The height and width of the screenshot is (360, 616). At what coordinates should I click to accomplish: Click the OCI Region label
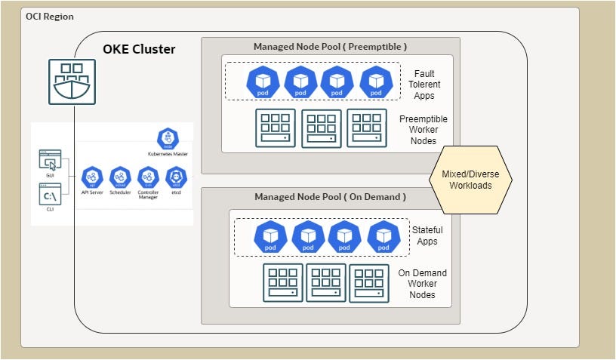[50, 16]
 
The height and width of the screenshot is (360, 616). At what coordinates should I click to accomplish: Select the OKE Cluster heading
[139, 50]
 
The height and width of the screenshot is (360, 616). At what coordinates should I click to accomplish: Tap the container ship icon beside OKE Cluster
[74, 82]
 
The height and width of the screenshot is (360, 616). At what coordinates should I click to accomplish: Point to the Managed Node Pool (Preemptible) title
[330, 46]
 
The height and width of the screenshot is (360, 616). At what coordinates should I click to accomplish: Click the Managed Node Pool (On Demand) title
[330, 197]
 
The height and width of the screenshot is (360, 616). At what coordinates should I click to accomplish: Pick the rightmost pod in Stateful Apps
[383, 236]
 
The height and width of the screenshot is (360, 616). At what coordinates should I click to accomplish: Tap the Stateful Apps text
[427, 235]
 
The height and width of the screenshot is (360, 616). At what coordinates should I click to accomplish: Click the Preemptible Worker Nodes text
[423, 130]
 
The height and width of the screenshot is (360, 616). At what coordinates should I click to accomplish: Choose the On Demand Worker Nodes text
[423, 283]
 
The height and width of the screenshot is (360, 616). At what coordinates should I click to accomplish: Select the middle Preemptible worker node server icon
[322, 128]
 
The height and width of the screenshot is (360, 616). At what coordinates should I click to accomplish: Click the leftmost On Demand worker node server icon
[282, 283]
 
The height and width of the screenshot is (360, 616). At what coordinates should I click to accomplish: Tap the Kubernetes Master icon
[168, 139]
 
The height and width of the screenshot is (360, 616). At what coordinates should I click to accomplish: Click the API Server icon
[92, 177]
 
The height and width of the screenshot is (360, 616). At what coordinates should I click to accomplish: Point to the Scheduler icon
[120, 177]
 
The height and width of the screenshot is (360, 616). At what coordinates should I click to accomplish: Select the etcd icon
[176, 177]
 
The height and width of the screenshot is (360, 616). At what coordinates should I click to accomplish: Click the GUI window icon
[50, 160]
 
